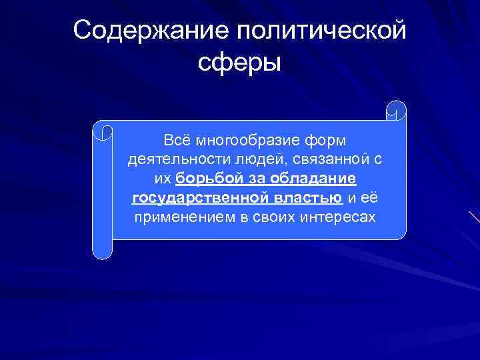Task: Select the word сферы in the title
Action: pos(240,64)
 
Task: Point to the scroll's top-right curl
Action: pos(396,110)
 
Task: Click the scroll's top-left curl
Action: pos(103,130)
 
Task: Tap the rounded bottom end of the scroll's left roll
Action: pos(102,251)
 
